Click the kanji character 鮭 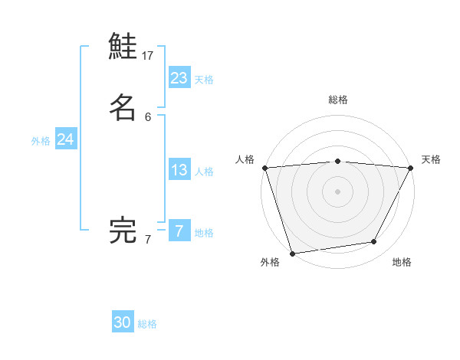click(x=123, y=47)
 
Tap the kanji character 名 click(x=123, y=107)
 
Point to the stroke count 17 click(x=148, y=55)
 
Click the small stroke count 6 click(x=148, y=116)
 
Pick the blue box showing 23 click(x=179, y=77)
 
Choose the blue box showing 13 click(x=179, y=170)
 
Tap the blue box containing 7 click(x=179, y=231)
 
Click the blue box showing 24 click(x=66, y=139)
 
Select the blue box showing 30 click(x=123, y=322)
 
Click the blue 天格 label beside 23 click(x=204, y=80)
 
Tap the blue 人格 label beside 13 click(x=204, y=172)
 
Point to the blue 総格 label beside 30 click(x=147, y=324)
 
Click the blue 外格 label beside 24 click(x=41, y=141)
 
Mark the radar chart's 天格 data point click(x=411, y=168)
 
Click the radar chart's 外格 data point click(x=292, y=253)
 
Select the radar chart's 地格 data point click(x=374, y=242)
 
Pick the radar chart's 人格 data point click(x=264, y=168)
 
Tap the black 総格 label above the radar click(x=337, y=100)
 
